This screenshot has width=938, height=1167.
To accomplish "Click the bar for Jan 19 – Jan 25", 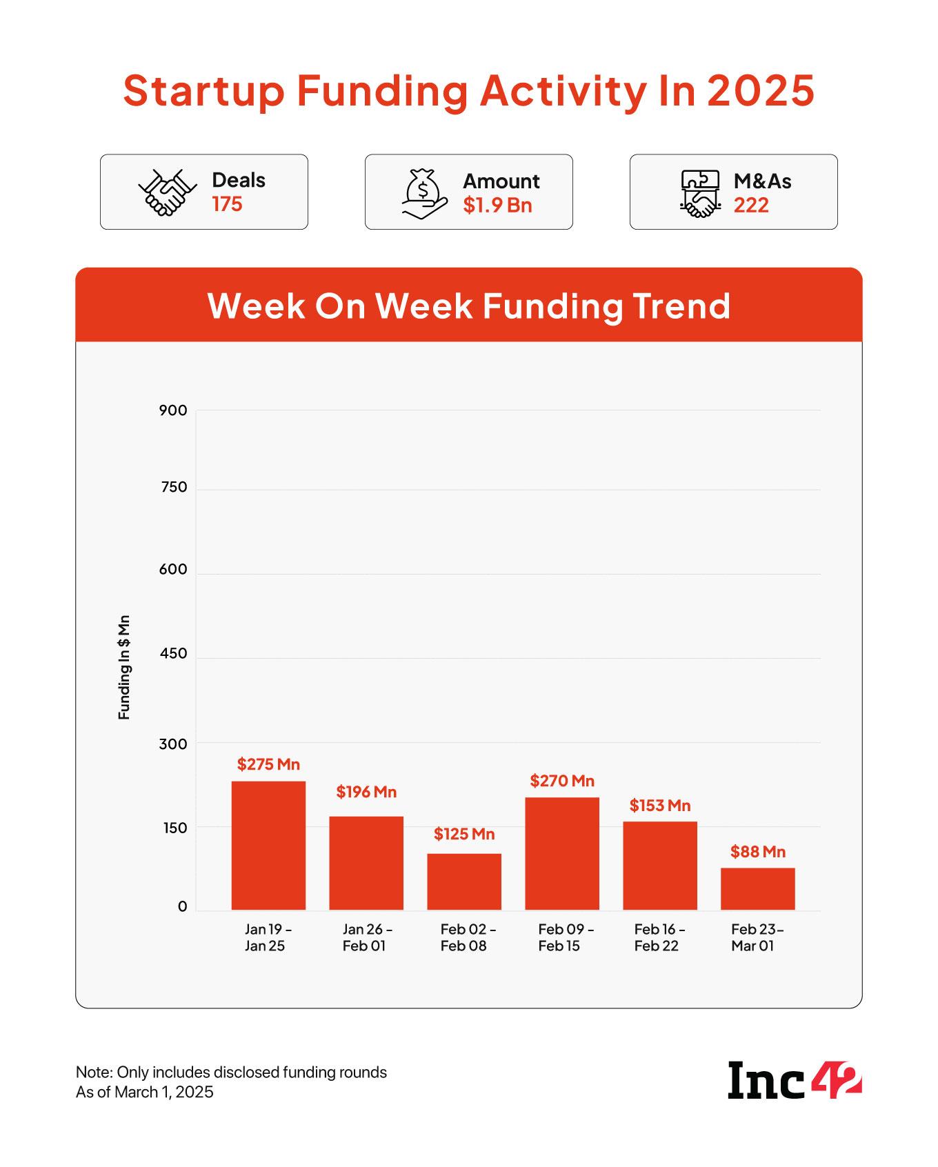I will (x=268, y=845).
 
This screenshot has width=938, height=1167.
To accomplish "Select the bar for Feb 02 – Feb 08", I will (x=464, y=881).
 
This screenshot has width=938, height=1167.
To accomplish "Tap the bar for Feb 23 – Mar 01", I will (x=758, y=888).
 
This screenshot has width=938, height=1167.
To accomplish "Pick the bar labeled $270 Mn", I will (x=562, y=853).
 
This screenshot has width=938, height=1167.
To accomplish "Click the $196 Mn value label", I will (x=366, y=792).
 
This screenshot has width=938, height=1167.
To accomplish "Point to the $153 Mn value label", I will (x=660, y=806).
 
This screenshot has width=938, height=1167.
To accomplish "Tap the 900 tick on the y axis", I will (x=173, y=410).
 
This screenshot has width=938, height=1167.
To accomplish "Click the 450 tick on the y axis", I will (x=173, y=653).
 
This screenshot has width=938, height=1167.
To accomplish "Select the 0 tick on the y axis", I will (x=182, y=906).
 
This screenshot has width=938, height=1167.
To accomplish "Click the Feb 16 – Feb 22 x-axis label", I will (x=659, y=937).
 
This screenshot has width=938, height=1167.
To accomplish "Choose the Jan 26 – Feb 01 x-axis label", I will (x=367, y=937).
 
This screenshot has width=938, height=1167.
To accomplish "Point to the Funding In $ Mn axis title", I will (x=124, y=667).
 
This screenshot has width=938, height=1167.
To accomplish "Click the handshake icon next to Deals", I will (x=163, y=192).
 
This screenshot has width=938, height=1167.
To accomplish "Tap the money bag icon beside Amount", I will (x=424, y=193).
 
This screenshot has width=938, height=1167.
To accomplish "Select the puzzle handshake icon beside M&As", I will (x=700, y=193).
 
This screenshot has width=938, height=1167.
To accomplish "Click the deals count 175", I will (x=227, y=204).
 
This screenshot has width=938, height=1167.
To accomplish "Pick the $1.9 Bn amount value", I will (x=497, y=205).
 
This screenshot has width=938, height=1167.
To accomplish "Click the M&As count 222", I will (x=751, y=205).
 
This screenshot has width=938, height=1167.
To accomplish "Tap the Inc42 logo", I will (x=795, y=1081).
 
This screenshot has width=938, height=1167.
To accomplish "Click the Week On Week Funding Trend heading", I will (x=469, y=306).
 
